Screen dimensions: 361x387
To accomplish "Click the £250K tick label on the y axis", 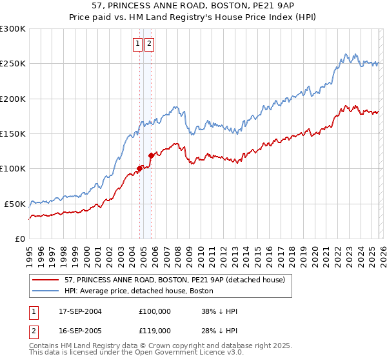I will point(12,64).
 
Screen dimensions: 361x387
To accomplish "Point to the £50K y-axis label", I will point(15,204).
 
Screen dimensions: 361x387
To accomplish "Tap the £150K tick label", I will point(12,133).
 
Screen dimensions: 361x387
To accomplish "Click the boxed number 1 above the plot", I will point(138,44).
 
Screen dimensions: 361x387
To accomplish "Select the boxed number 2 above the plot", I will point(149,44).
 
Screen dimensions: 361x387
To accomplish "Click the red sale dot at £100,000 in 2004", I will point(139,169).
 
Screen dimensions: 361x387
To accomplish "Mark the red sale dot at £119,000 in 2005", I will point(151,155).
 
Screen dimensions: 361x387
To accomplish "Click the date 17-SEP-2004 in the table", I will point(80,311).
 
